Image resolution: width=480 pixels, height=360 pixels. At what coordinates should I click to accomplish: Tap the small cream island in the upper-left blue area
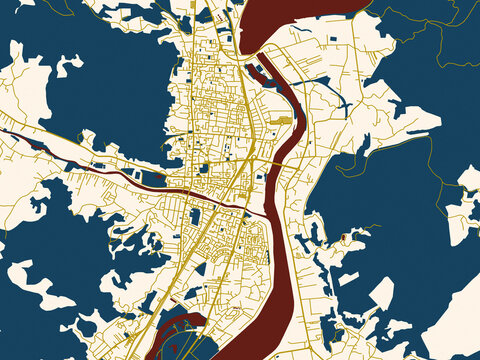(x=68, y=66)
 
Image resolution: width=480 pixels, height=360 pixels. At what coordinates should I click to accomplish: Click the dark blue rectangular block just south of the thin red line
(x=195, y=216)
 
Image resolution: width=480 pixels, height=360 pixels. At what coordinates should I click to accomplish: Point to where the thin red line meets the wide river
(x=266, y=213)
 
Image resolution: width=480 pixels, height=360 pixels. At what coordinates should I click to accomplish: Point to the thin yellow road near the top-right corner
(x=420, y=20)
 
